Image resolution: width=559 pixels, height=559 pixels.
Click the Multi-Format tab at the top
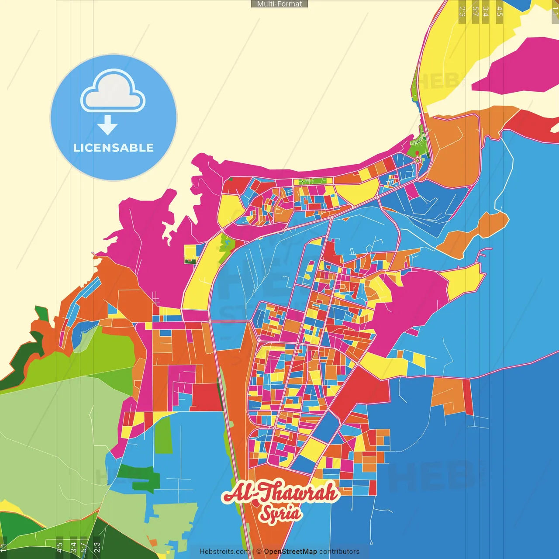[279, 4]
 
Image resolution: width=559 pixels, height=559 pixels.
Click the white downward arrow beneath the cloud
[107, 125]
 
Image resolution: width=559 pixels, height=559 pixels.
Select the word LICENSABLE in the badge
[114, 148]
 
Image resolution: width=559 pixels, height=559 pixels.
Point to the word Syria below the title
[280, 514]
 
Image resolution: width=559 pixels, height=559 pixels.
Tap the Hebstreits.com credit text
[224, 552]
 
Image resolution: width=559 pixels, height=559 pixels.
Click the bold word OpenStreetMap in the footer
[290, 552]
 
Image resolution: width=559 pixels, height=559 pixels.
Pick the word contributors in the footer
[339, 552]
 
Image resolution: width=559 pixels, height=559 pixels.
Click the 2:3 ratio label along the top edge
[462, 11]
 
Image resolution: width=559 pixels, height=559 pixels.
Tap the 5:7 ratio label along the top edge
[475, 11]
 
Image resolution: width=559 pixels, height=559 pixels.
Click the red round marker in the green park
[417, 153]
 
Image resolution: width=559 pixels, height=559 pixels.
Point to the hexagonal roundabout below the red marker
[418, 161]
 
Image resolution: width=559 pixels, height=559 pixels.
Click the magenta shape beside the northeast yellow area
[515, 66]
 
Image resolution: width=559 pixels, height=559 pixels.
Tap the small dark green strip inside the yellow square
[190, 261]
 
